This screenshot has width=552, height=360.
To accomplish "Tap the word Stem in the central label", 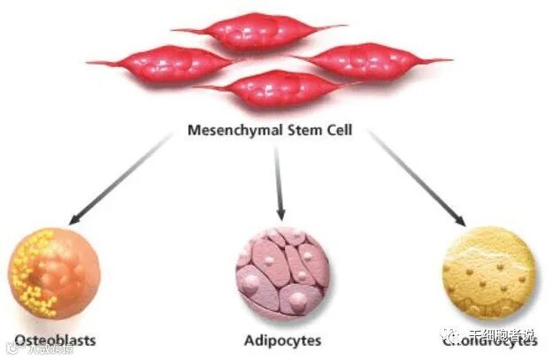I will click(295, 130).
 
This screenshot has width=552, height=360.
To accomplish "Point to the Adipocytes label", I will click(282, 340).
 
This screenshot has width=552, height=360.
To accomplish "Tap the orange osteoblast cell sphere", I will click(53, 272).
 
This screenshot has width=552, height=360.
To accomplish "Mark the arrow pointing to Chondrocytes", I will click(416, 177).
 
